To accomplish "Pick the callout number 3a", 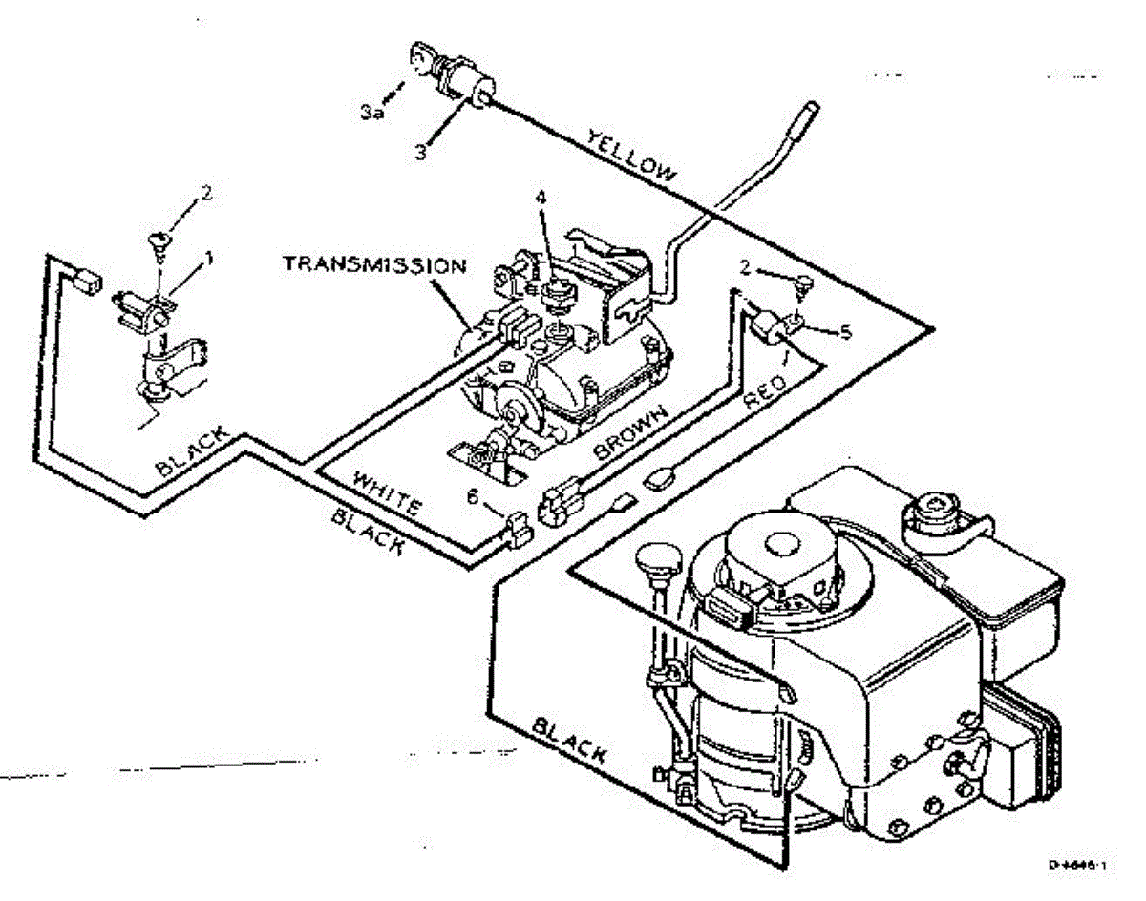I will pos(371,112).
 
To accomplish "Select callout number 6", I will pos(472,497).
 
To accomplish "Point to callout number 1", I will pos(210,258).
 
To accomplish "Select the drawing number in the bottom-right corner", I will pos(1075,865).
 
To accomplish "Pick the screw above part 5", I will pos(803,283).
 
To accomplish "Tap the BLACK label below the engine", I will pos(568,740).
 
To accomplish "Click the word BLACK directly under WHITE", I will pos(366,534).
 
